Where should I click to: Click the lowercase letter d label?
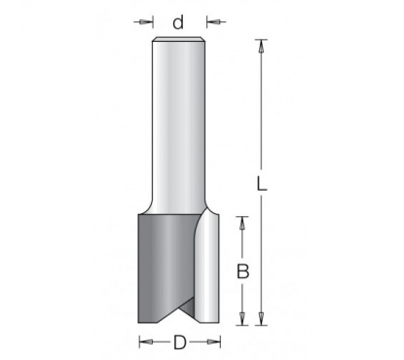click(x=178, y=22)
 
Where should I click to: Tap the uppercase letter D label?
click(x=180, y=342)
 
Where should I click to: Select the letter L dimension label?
click(x=262, y=183)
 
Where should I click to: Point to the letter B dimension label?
click(x=242, y=271)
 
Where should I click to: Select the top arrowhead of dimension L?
click(x=261, y=46)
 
